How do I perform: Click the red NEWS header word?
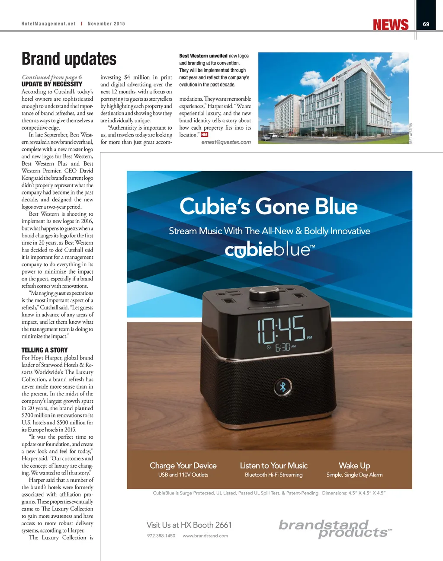tap(391, 25)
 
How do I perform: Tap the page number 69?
tap(426, 24)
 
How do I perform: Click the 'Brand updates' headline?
tap(69, 59)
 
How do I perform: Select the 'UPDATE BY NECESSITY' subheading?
tap(52, 84)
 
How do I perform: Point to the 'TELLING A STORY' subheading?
tap(45, 350)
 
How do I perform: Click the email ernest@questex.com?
tap(226, 142)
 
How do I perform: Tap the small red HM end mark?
tap(205, 135)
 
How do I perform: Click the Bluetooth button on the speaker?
tap(283, 387)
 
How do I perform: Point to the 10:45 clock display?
tap(281, 330)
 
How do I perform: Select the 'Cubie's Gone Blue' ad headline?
tap(269, 206)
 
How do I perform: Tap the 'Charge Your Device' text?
tap(183, 465)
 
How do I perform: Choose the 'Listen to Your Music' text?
tap(274, 465)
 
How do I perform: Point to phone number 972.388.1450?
tap(161, 536)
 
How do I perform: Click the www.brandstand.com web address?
tap(205, 536)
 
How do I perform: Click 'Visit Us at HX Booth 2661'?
tap(189, 525)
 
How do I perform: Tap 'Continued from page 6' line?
tap(52, 77)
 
